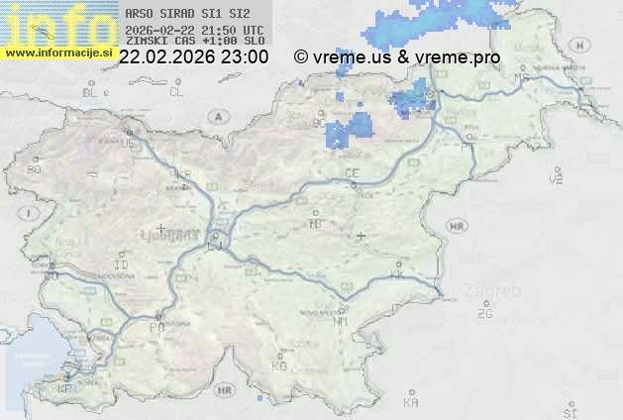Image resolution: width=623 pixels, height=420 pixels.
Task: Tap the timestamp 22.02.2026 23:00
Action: click(192, 57)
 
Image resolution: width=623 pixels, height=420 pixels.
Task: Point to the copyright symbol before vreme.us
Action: click(301, 57)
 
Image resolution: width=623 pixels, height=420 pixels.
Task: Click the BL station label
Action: click(89, 92)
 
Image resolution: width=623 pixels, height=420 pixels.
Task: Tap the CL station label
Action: click(176, 92)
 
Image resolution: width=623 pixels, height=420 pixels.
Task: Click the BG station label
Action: click(35, 169)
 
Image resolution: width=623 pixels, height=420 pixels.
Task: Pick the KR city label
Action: click(182, 174)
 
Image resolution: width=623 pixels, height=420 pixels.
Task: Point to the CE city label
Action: click(351, 173)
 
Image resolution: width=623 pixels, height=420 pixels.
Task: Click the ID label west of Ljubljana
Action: click(122, 265)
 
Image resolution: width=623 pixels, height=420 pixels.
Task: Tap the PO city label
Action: click(156, 326)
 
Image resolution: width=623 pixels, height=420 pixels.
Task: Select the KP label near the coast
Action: click(65, 389)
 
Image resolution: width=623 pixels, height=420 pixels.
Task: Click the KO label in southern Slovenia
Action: click(279, 366)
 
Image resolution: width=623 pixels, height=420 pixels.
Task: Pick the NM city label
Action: click(342, 321)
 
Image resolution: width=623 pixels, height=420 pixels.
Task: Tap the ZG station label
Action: click(484, 314)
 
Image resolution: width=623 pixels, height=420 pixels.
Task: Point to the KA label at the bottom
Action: click(411, 402)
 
